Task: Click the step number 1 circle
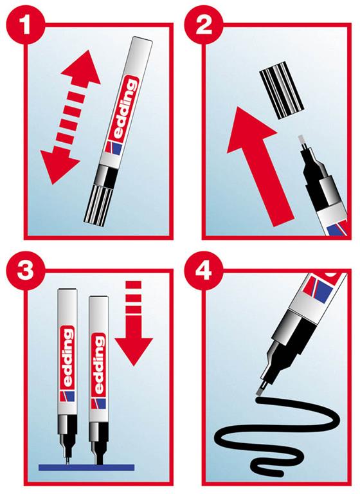[x=25, y=25]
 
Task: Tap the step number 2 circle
[x=203, y=25]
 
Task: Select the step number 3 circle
[x=25, y=270]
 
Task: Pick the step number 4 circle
[x=203, y=270]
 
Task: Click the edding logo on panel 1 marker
[x=125, y=109]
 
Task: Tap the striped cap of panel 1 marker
[x=99, y=207]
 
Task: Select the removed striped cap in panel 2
[x=282, y=91]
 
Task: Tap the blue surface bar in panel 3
[x=86, y=467]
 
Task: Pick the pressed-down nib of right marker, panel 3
[x=99, y=459]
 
